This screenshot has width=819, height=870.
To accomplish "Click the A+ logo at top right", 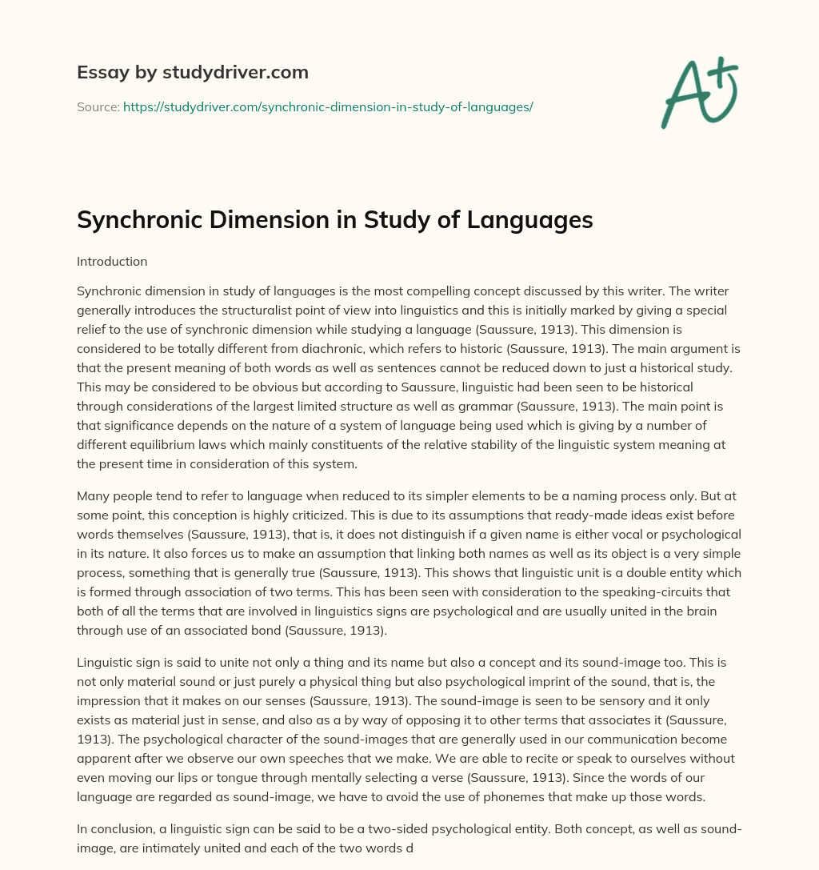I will tap(699, 92).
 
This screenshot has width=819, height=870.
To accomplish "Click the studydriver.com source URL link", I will tap(328, 106).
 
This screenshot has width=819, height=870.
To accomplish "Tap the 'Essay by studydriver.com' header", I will tap(193, 72).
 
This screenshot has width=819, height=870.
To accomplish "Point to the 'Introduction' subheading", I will tap(112, 261).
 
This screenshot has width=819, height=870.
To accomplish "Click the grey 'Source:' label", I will tap(98, 106).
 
